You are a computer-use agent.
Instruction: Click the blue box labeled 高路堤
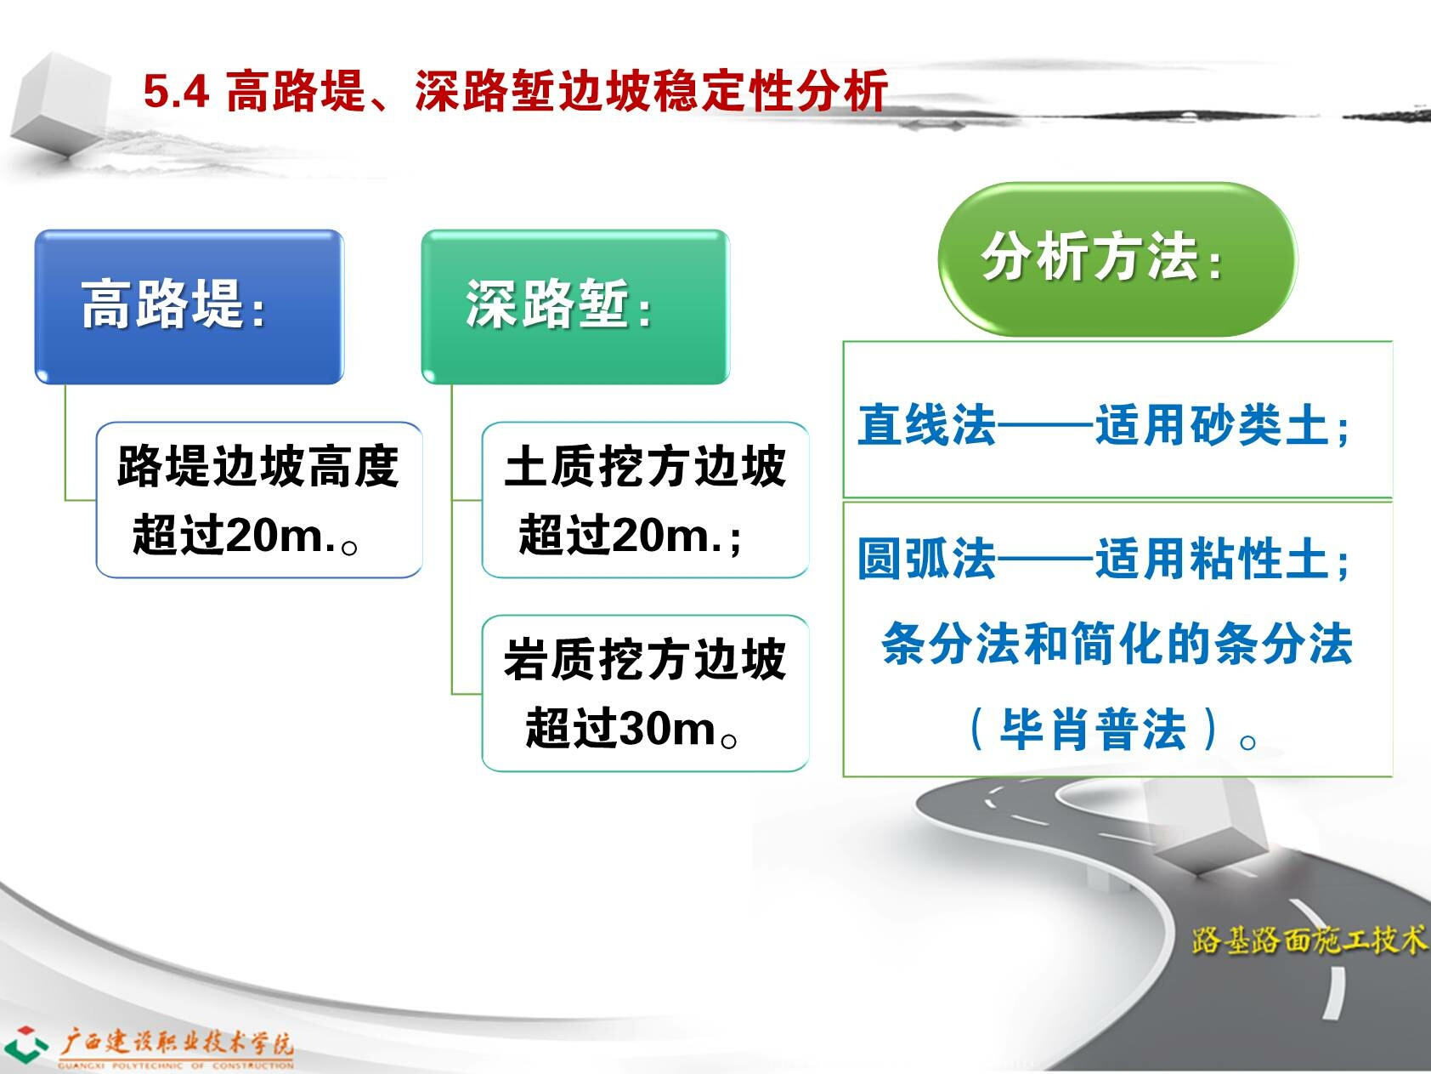click(x=189, y=306)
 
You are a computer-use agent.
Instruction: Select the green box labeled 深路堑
click(x=575, y=306)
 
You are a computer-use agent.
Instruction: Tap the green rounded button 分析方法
click(x=1117, y=259)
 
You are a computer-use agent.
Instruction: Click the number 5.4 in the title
click(x=176, y=91)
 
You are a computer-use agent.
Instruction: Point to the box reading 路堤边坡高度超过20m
click(x=259, y=500)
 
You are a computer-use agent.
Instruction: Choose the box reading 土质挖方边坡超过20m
click(x=645, y=500)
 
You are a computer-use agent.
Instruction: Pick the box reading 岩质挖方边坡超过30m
click(x=645, y=693)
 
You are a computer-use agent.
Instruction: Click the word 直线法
click(x=926, y=423)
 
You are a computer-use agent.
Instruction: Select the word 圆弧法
click(x=926, y=558)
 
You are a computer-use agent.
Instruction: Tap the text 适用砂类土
click(x=1212, y=423)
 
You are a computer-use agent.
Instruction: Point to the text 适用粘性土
click(x=1212, y=558)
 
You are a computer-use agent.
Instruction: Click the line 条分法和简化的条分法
click(x=1117, y=643)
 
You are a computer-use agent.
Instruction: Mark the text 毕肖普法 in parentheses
click(x=1093, y=729)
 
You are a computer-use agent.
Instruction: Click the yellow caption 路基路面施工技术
click(x=1309, y=939)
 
